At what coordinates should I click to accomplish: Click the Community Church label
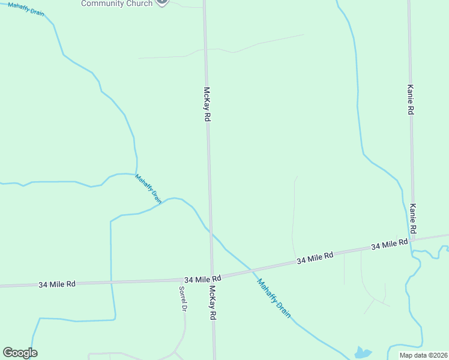coord(117,4)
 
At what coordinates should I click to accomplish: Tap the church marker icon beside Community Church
coord(161,2)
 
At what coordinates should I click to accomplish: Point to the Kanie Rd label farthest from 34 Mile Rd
coord(411,99)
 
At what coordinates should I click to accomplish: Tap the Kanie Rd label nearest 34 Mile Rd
coord(413,218)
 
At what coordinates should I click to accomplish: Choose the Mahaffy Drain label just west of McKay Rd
coord(148,189)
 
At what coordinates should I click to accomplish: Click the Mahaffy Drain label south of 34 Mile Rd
coord(273,298)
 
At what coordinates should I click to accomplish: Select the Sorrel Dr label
coord(183,298)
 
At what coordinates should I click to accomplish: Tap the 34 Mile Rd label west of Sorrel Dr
coord(57,284)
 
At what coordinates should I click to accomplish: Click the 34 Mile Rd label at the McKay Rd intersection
coord(203,279)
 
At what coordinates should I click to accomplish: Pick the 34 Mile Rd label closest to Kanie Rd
coord(389,245)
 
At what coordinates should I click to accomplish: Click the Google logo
coord(20,353)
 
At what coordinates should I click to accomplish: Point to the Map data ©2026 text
coord(423,355)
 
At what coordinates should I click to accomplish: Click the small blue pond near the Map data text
coord(363,353)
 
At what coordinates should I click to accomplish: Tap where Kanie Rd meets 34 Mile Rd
coord(413,240)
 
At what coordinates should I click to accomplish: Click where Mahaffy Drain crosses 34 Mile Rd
coord(248,268)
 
